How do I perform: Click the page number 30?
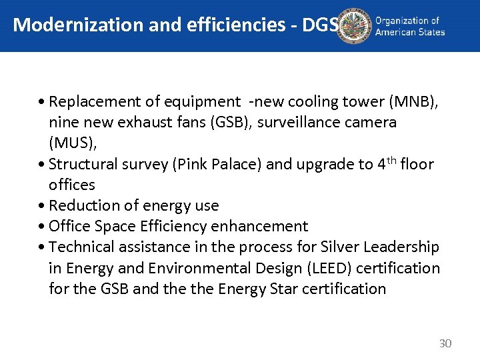click(x=445, y=343)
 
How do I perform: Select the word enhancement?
click(x=263, y=227)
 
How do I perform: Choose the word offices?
click(x=71, y=185)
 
